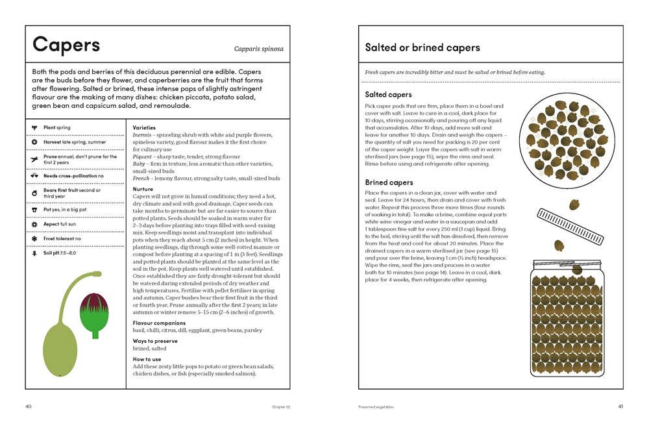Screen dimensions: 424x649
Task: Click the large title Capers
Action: (66, 45)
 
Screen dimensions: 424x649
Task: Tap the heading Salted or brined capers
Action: (422, 47)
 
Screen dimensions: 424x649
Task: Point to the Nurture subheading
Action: (143, 190)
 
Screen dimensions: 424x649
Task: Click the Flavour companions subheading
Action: (159, 323)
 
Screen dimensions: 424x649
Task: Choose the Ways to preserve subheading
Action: (155, 341)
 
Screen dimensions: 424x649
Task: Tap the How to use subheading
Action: (147, 359)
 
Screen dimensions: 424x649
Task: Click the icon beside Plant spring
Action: (34, 127)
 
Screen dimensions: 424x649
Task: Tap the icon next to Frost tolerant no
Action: (34, 238)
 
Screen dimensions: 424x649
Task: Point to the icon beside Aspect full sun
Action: (34, 223)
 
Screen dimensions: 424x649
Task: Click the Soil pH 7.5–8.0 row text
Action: (60, 253)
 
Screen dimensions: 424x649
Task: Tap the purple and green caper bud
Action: (94, 314)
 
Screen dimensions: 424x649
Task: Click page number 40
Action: (29, 407)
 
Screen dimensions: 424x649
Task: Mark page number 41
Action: (620, 407)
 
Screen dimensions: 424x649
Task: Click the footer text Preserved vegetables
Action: (376, 407)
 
